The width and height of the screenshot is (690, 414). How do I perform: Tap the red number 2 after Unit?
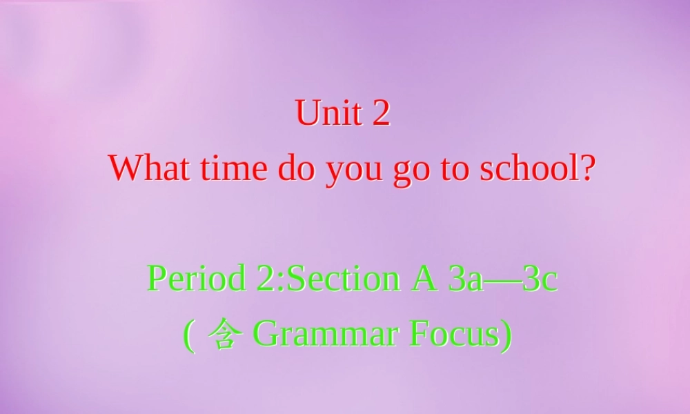tap(381, 112)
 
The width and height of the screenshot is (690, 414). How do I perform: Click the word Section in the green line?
tap(342, 278)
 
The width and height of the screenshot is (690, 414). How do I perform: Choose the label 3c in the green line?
tap(540, 278)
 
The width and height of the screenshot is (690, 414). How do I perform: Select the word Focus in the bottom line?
tap(454, 335)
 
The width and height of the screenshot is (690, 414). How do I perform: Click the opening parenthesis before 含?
tap(188, 336)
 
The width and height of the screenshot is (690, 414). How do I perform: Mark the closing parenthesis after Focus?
tap(507, 336)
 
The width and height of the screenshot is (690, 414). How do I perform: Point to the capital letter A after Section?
tap(426, 278)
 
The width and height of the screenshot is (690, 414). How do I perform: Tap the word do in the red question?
tap(295, 168)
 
